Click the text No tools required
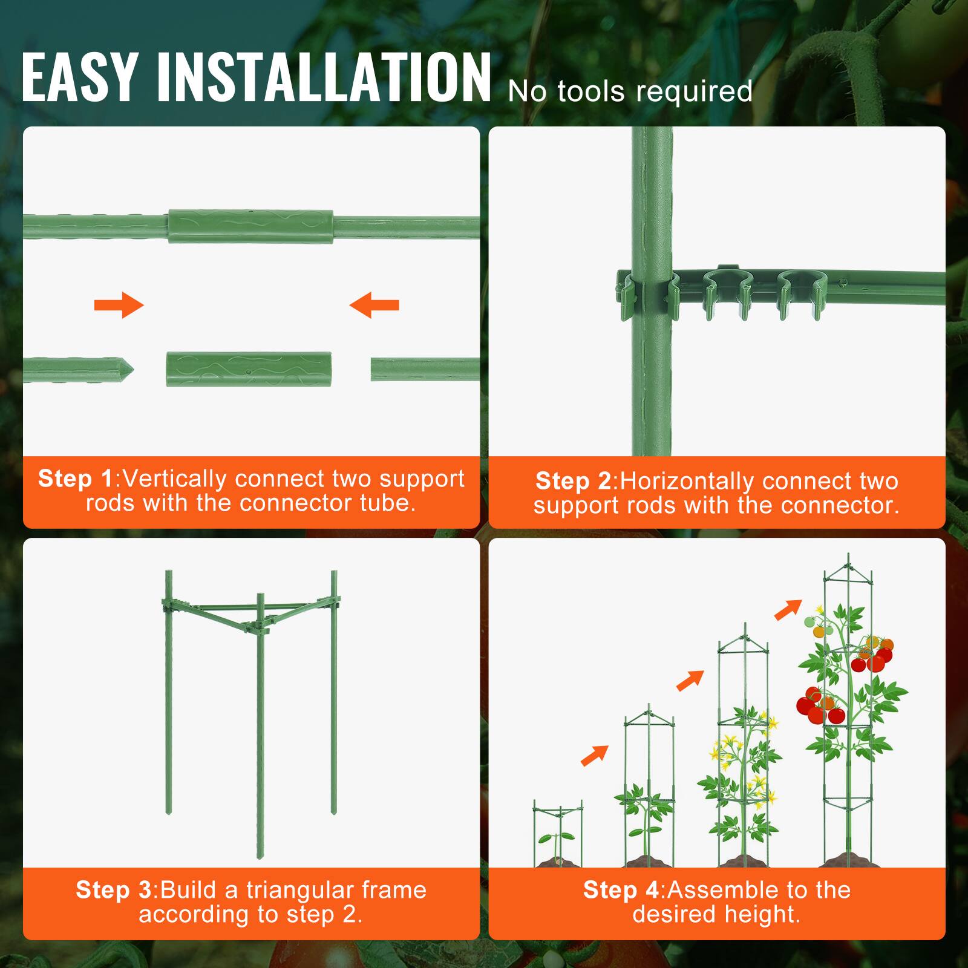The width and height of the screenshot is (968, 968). click(630, 92)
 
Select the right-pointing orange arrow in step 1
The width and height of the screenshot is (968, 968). click(119, 304)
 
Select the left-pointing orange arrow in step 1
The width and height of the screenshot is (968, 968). click(374, 304)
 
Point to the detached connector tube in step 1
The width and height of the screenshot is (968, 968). click(249, 369)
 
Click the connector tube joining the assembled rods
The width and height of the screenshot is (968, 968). click(250, 226)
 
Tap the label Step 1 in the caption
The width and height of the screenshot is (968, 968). click(76, 479)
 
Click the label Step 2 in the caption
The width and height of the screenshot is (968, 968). click(574, 481)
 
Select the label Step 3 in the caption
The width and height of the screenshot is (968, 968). click(114, 890)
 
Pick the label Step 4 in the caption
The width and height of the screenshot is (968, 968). click(621, 890)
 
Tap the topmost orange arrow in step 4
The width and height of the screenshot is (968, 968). click(788, 609)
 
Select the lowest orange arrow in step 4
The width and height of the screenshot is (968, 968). click(594, 756)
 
